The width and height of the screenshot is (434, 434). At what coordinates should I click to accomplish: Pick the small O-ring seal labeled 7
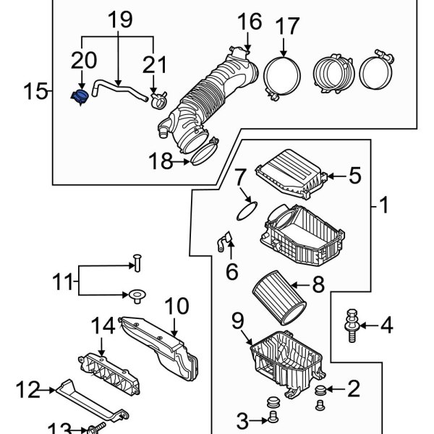click(x=247, y=210)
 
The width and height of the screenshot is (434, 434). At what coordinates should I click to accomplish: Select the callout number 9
click(x=239, y=319)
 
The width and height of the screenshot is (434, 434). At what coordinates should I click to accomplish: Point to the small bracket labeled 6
click(x=224, y=244)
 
